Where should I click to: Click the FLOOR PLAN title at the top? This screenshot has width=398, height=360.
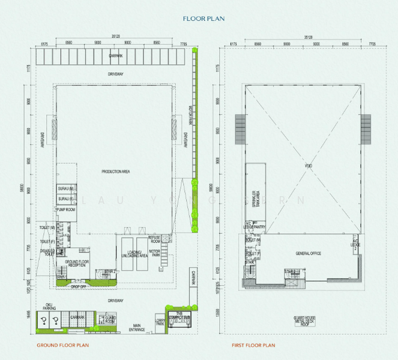coord(204,19)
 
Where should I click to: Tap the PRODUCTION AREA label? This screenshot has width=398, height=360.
coord(116,172)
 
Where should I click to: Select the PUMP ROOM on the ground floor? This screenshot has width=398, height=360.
coord(65,210)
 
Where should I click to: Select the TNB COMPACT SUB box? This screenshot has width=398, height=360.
coord(178,318)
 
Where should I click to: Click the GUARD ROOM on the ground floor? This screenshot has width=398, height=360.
coord(110,319)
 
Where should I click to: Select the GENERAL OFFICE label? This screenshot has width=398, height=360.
coord(308,254)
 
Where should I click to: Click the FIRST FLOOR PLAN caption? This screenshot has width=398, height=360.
coord(254,346)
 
